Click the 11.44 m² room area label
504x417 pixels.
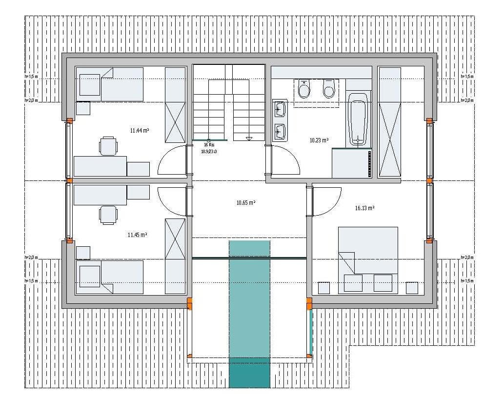(x=139, y=131)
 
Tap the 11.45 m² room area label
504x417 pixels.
(x=137, y=235)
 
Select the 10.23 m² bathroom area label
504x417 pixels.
(x=319, y=140)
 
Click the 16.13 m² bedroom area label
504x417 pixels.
(x=364, y=208)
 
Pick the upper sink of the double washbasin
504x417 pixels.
(x=280, y=108)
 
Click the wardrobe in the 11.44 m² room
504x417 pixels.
(x=175, y=105)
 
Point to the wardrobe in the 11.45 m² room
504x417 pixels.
(x=175, y=257)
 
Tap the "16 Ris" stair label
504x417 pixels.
(x=209, y=145)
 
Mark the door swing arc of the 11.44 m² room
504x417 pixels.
(x=172, y=161)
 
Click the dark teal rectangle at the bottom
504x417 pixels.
(x=249, y=373)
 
